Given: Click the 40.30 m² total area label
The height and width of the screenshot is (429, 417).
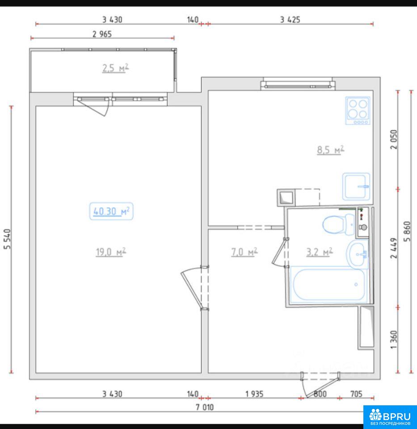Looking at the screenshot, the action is [x=111, y=211].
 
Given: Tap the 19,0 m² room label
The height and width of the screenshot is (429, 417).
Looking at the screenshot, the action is [x=111, y=252].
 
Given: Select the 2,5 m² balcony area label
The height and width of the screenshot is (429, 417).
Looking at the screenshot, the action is [x=115, y=68].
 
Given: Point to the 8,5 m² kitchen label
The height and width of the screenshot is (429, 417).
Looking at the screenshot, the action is [x=331, y=150].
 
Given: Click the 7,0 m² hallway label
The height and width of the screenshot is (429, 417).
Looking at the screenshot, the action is [x=244, y=252].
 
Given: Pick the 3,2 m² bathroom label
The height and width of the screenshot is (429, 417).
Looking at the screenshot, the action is [x=319, y=252].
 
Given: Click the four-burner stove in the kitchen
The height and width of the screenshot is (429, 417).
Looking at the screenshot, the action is [x=358, y=110].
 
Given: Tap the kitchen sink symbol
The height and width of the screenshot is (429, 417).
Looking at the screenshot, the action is [x=356, y=186].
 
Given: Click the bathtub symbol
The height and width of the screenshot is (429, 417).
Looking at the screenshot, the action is [x=329, y=285].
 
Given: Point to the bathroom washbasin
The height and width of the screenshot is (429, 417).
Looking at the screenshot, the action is [x=358, y=254].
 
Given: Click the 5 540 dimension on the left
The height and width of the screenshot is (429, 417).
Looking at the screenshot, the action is [x=7, y=239].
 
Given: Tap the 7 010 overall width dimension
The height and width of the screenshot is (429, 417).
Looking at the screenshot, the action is [x=205, y=407].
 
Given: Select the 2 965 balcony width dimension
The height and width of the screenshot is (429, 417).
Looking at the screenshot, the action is [x=102, y=34].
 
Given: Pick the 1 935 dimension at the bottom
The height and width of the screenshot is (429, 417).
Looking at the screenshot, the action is [x=254, y=394].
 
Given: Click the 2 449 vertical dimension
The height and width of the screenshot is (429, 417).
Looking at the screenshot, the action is [x=393, y=248].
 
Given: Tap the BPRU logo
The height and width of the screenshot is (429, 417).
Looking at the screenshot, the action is [x=390, y=416].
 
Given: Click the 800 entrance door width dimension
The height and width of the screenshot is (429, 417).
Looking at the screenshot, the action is [x=320, y=394].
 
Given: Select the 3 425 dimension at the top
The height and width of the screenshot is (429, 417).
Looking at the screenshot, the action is [x=290, y=20].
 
